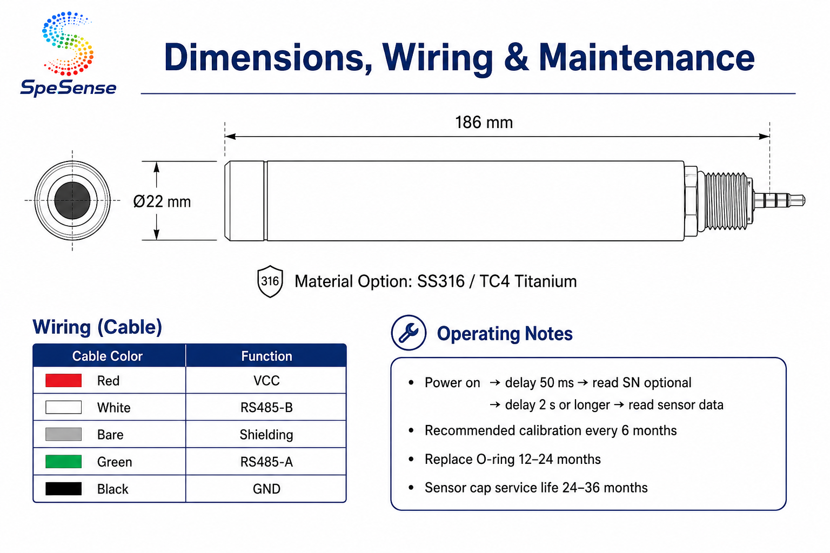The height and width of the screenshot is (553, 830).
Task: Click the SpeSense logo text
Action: tap(68, 88)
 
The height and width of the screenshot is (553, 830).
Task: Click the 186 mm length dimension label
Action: tap(484, 123)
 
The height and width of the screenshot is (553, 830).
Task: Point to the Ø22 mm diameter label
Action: tap(162, 201)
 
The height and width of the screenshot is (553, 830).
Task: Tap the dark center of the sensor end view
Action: tap(72, 200)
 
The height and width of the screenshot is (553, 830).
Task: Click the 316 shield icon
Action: tap(270, 281)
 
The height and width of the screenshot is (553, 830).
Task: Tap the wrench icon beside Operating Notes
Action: tap(409, 333)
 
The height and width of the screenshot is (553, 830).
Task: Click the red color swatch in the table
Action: tap(63, 380)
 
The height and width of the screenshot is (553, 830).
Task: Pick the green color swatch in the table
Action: tap(63, 462)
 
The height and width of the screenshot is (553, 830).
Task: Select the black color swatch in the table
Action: tap(63, 489)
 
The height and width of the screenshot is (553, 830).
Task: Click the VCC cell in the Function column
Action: tap(266, 380)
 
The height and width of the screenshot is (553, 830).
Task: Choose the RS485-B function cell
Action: tap(266, 407)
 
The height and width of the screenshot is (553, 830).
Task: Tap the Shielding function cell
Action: tap(266, 435)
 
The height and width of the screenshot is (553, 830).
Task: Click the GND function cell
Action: tap(266, 489)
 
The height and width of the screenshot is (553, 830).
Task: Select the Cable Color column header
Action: tap(108, 356)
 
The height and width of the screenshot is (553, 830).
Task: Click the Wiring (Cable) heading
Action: tap(97, 327)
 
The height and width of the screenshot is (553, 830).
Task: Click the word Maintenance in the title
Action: tap(646, 57)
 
